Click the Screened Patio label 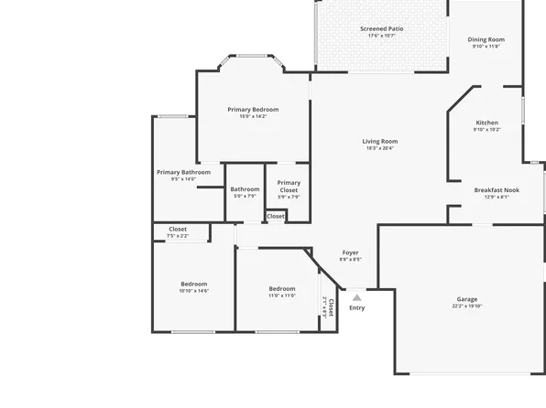381,28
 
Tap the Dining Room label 486,39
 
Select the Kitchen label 486,123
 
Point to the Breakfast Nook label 497,189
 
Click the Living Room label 379,141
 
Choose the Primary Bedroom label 253,109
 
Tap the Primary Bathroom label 183,172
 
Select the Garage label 467,299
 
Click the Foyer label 350,252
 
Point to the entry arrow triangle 356,296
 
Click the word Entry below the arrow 356,307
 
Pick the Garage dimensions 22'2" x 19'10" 467,306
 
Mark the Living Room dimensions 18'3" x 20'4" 379,148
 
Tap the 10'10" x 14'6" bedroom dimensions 194,291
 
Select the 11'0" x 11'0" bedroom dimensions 282,295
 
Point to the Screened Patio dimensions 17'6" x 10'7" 381,36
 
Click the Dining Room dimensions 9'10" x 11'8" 486,47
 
